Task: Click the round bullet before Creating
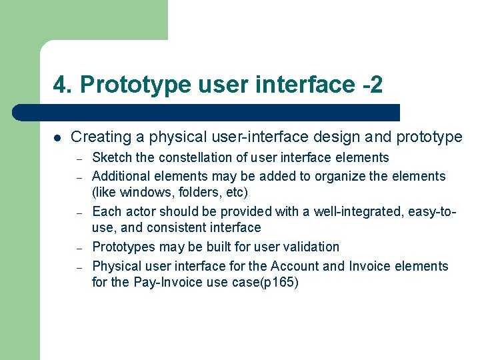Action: (57, 138)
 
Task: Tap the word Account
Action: (294, 266)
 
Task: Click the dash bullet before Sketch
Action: (79, 159)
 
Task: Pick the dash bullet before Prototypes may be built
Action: (79, 247)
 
